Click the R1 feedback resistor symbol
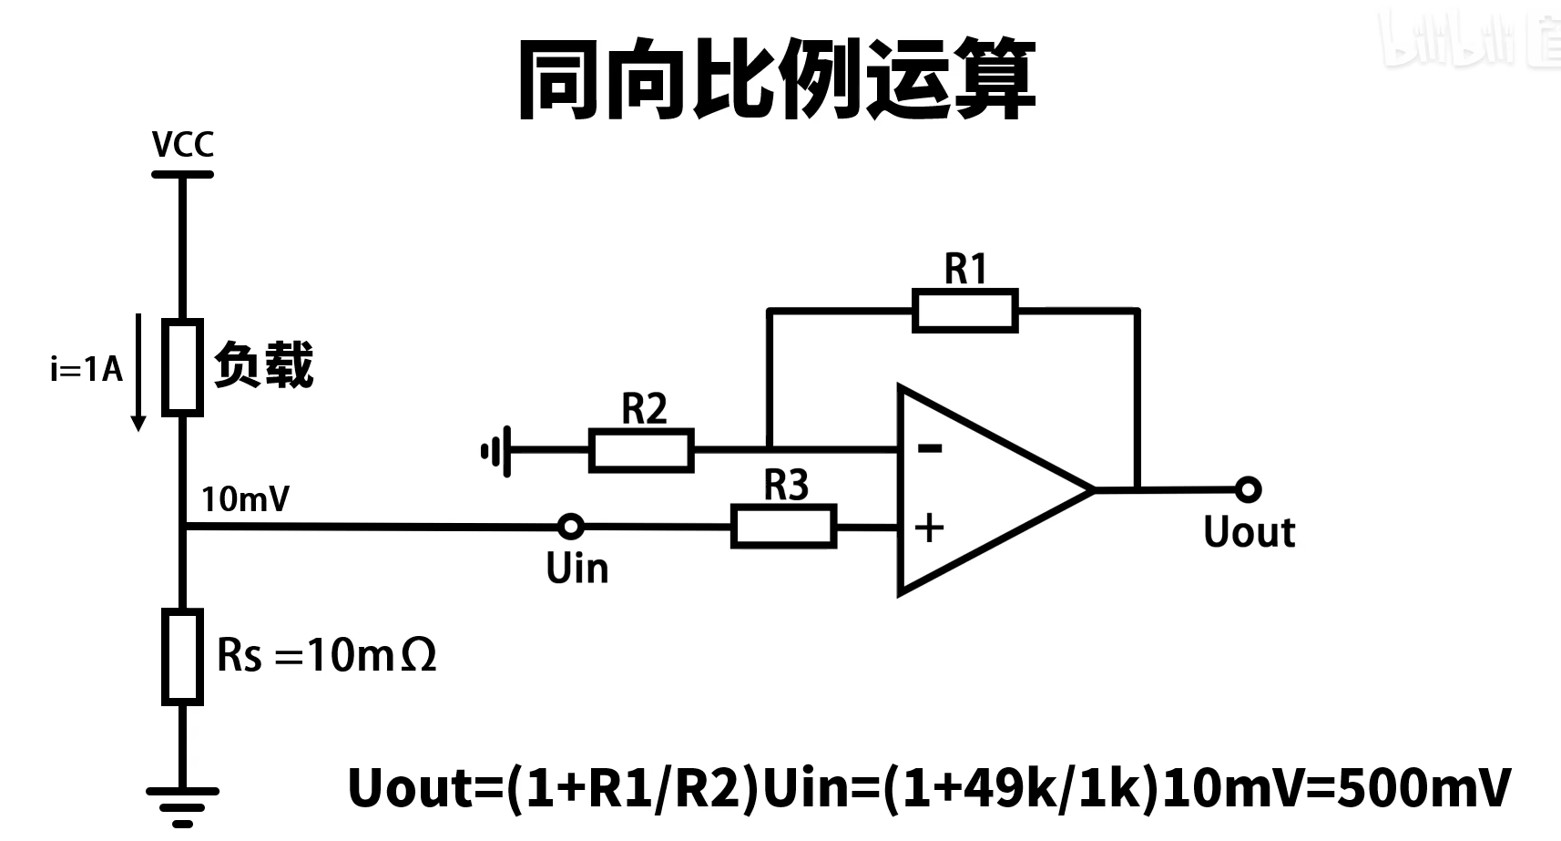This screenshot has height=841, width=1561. pos(964,311)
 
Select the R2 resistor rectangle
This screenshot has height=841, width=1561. pos(641,450)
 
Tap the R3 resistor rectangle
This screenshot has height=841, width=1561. pos(783,528)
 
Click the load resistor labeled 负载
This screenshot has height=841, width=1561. pos(182,367)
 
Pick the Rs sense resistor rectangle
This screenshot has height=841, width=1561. pos(182,657)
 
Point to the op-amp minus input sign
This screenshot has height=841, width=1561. pos(930,447)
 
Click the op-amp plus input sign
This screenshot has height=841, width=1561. pos(929,528)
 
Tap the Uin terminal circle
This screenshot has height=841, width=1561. pos(571,526)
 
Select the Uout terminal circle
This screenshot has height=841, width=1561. pos(1248,489)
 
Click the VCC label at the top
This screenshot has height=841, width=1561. pos(183,144)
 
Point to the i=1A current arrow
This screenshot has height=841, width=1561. pos(138,372)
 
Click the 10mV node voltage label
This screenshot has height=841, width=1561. pos(245,499)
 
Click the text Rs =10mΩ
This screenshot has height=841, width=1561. pos(327,654)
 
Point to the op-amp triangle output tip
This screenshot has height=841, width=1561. pos(1092,489)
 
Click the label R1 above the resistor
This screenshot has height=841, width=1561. pos(965,269)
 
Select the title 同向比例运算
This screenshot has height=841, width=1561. pos(777,80)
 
